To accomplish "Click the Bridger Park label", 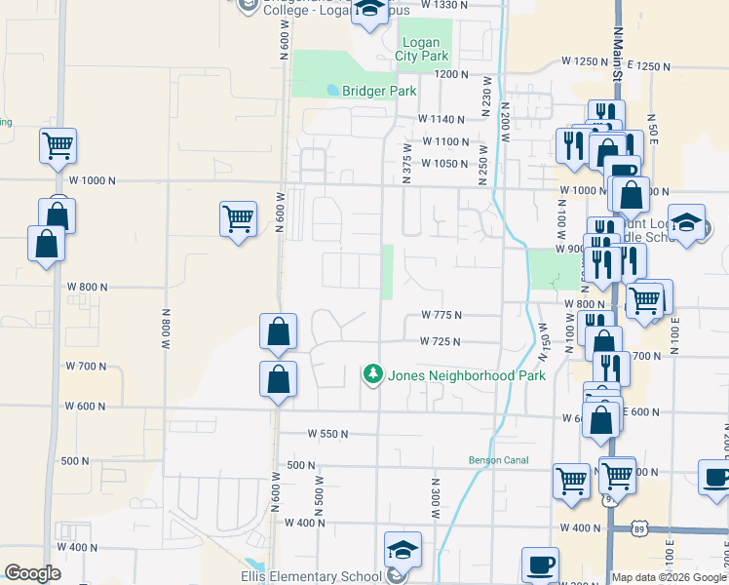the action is pyautogui.click(x=379, y=91).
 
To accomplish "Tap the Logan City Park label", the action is pyautogui.click(x=420, y=49).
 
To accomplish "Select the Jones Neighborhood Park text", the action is pyautogui.click(x=467, y=374).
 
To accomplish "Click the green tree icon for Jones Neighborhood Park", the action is pyautogui.click(x=372, y=374).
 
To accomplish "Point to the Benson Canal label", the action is pyautogui.click(x=497, y=459).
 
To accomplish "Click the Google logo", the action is pyautogui.click(x=32, y=573).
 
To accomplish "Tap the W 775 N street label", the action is pyautogui.click(x=441, y=315).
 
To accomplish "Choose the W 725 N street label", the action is pyautogui.click(x=440, y=342).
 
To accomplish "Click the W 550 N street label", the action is pyautogui.click(x=327, y=433).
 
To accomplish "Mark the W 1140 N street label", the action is pyautogui.click(x=441, y=119).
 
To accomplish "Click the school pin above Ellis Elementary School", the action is pyautogui.click(x=402, y=549).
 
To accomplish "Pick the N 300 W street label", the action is pyautogui.click(x=436, y=496).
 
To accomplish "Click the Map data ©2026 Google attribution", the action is pyautogui.click(x=669, y=576).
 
